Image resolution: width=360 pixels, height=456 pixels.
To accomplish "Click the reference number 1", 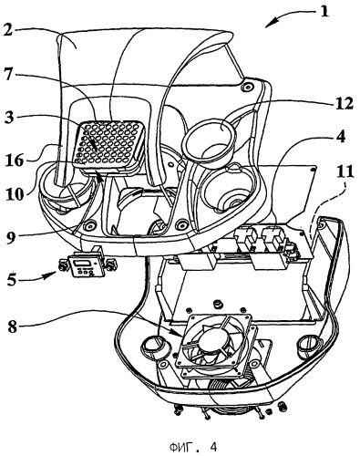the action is point(324,11).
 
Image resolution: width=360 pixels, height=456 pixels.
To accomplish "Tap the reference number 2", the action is point(8,30).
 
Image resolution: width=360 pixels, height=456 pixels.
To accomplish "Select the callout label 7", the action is point(8,75).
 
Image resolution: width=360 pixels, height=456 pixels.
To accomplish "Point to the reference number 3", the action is point(9,118).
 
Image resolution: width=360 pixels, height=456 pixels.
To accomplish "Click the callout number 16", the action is point(15,160).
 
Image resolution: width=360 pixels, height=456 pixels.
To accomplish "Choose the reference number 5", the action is point(12,279).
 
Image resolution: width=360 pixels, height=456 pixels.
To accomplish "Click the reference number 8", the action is point(13,326).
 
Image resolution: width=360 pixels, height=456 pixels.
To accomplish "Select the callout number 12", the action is point(344,104).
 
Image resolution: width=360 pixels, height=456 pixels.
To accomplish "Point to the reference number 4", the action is point(341,137).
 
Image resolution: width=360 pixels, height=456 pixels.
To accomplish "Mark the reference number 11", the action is point(345,171).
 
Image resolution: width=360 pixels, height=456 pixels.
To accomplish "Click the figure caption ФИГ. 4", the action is point(193,447).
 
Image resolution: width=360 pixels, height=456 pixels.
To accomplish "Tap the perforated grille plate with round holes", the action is point(108,143).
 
